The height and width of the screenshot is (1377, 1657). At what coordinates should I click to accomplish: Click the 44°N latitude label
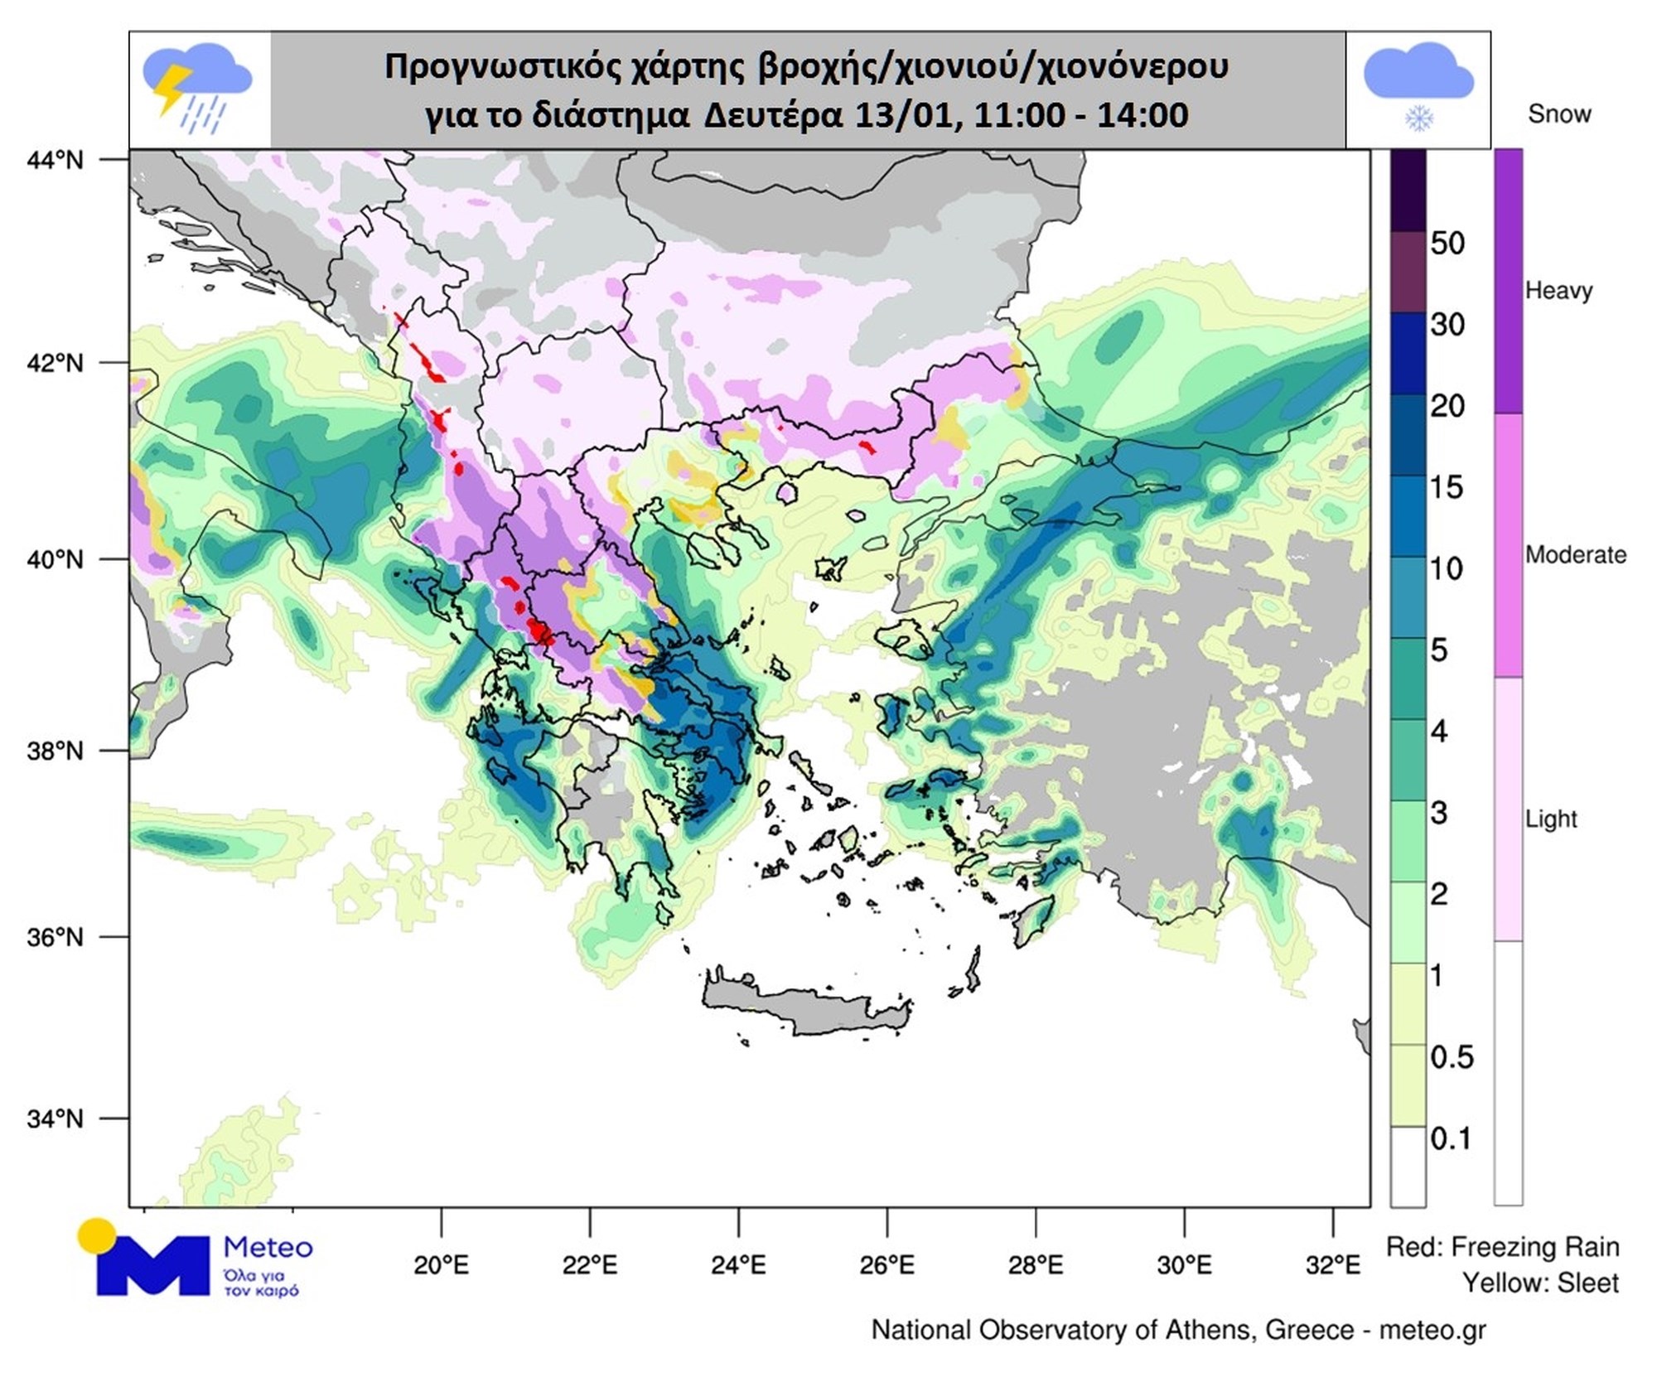(56, 159)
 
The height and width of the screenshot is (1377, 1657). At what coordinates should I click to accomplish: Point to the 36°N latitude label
(56, 937)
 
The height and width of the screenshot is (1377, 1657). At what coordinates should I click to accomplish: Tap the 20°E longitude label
(441, 1265)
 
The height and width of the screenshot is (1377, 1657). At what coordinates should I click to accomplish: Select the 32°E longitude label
(1333, 1265)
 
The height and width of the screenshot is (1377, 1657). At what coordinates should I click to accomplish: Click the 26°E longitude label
(887, 1265)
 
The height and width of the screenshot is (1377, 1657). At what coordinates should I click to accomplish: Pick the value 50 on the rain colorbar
(1447, 243)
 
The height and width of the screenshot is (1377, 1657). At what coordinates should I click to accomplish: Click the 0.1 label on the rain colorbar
(1452, 1138)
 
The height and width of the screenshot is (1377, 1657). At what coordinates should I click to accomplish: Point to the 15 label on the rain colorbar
(1447, 487)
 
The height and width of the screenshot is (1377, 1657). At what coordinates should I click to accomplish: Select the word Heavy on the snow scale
(1558, 291)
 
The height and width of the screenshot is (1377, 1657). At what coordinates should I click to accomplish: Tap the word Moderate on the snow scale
(1575, 554)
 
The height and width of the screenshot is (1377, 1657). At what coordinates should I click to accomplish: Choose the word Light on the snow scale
(1551, 819)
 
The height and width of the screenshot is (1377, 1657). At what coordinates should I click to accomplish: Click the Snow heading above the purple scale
(1558, 114)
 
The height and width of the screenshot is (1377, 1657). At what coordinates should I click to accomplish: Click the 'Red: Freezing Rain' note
(1502, 1246)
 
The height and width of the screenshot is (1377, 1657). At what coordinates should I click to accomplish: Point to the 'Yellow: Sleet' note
(1539, 1283)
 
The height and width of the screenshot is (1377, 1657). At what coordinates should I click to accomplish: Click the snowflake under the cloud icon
(1418, 118)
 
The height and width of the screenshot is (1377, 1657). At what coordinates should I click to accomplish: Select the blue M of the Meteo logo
(153, 1264)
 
